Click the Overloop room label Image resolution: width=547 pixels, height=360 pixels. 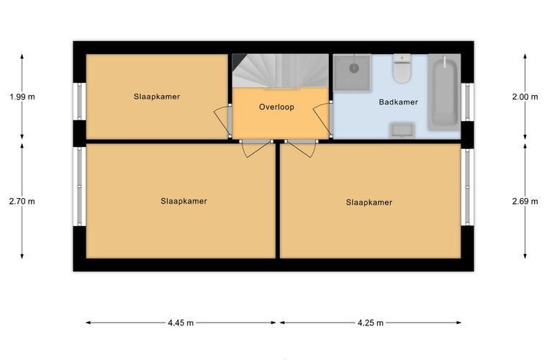pos(276,107)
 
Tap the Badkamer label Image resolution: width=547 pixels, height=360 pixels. pos(399,102)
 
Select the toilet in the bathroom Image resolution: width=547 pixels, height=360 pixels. pos(402,68)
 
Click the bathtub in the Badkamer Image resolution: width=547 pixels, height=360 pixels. pos(444,92)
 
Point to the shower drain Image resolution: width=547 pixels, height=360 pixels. pos(354,68)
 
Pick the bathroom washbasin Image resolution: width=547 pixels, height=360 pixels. pos(402,130)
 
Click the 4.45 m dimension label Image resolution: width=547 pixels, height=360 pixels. pos(181,323)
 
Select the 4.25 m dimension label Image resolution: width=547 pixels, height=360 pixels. pos(371,323)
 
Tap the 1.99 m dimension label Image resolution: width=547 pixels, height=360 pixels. pos(22,97)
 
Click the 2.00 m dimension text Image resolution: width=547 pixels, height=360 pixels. pos(525,97)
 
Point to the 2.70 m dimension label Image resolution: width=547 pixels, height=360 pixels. pos(22,202)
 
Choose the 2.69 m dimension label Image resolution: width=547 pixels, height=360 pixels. pos(525,202)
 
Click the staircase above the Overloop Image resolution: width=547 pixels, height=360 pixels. pos(281,71)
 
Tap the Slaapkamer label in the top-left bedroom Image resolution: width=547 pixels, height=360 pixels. pos(157,96)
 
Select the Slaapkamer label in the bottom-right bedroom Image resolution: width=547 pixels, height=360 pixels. pos(369,202)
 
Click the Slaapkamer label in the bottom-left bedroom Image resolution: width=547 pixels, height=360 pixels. pos(184,201)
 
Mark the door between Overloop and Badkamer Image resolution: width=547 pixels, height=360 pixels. pos(322,120)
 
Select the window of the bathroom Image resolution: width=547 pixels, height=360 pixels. pos(467,102)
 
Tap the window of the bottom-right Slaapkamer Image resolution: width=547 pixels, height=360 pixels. pos(467,187)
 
